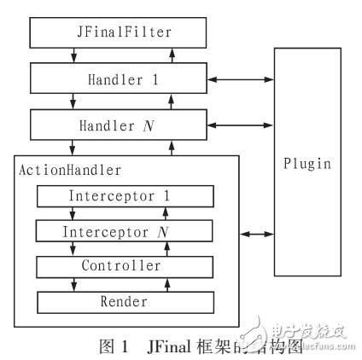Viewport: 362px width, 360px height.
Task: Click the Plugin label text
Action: click(306, 163)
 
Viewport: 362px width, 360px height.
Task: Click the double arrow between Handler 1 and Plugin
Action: click(239, 80)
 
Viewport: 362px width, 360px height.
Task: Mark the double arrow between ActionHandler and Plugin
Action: click(257, 233)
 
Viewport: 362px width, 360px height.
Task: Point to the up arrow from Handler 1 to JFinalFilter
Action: click(173, 56)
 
